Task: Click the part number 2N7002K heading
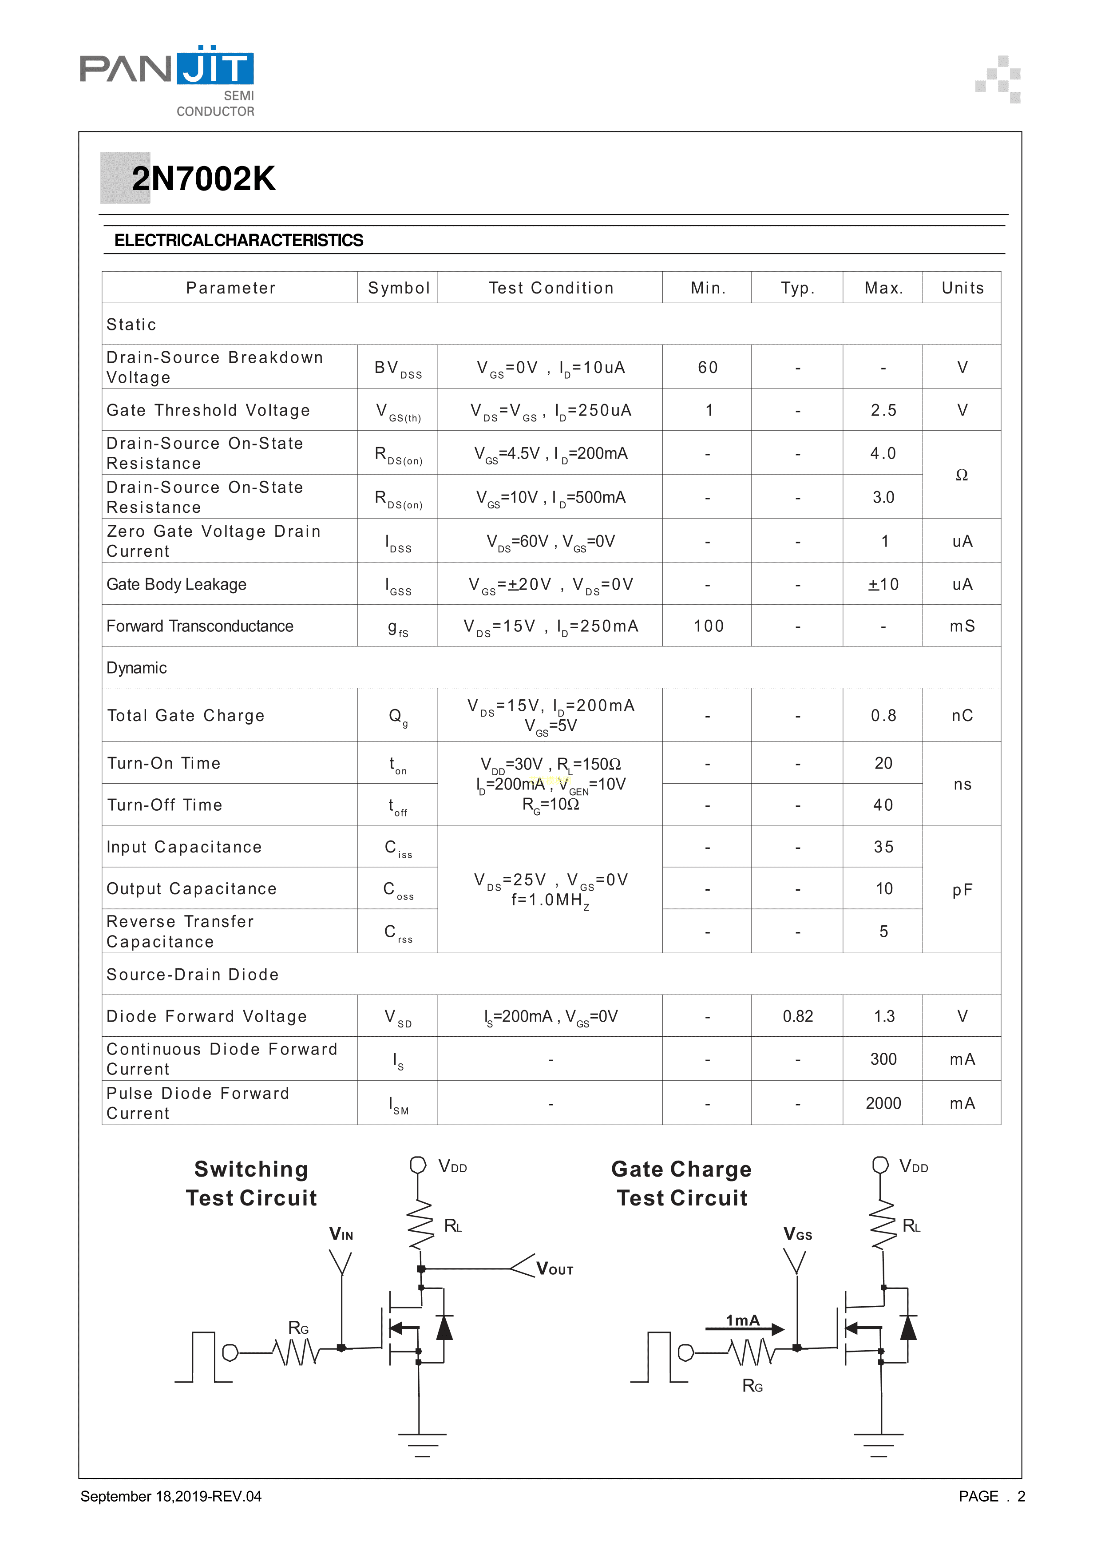click(x=203, y=179)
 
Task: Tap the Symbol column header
click(x=399, y=289)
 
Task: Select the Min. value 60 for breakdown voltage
click(x=708, y=368)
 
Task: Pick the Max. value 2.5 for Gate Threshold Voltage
click(x=883, y=411)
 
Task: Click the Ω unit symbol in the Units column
click(x=961, y=475)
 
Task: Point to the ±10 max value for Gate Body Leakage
click(x=883, y=585)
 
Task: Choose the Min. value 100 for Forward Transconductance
click(x=708, y=626)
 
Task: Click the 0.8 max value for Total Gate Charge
click(x=883, y=716)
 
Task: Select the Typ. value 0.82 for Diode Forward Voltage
click(x=798, y=1016)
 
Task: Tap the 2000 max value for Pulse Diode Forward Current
click(x=883, y=1103)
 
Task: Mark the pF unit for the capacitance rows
click(x=962, y=890)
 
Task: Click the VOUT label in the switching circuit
click(x=554, y=1269)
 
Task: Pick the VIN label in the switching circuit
click(x=341, y=1234)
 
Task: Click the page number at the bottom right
click(x=1021, y=1496)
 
